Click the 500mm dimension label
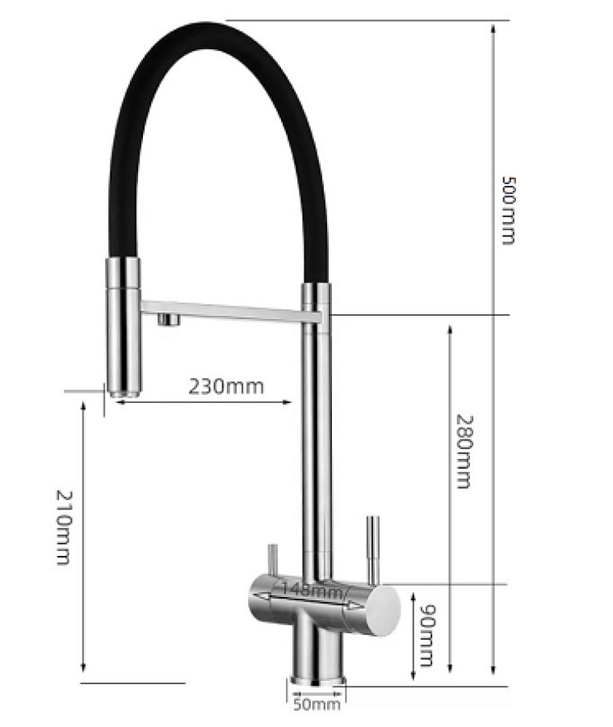509,210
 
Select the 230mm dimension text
226,386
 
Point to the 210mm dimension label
64,527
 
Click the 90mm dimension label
426,635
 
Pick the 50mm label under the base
317,704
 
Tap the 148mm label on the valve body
313,590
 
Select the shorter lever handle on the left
273,560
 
